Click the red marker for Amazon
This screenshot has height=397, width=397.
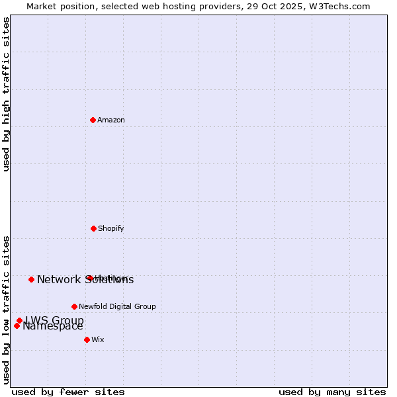pos(93,120)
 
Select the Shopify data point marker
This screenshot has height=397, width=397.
pos(93,228)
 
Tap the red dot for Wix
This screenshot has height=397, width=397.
pos(87,339)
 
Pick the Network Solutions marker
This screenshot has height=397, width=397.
pos(31,279)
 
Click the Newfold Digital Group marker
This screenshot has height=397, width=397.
pos(74,306)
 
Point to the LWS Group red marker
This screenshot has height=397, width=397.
pos(19,320)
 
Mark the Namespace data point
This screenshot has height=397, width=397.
pos(17,326)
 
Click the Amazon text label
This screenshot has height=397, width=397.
pos(111,120)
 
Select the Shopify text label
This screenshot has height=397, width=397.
pos(111,228)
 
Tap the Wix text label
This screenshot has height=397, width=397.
pos(98,339)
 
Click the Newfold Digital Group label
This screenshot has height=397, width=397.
pos(117,306)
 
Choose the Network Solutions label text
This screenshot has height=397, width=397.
pos(85,280)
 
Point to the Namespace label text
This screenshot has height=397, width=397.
pos(53,326)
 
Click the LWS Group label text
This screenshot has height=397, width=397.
pos(54,320)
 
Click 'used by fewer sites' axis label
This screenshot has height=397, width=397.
pos(68,392)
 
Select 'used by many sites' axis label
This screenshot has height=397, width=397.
pos(332,392)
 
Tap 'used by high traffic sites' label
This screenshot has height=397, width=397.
pos(6,94)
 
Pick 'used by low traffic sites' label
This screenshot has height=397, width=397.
pos(6,310)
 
